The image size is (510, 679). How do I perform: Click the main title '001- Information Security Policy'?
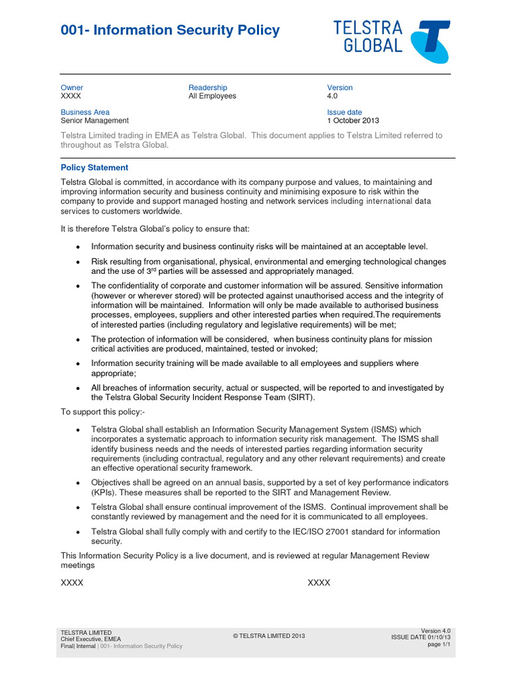[170, 31]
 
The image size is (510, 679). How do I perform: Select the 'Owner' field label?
[72, 88]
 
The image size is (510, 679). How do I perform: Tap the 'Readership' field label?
[208, 88]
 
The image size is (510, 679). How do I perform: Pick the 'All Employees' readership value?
[212, 96]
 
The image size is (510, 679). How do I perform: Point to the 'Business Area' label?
[85, 112]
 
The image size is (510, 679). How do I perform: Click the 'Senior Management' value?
[94, 121]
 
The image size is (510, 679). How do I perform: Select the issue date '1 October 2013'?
[353, 121]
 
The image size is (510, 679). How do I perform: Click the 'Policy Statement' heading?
[94, 168]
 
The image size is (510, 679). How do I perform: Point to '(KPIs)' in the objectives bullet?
[106, 492]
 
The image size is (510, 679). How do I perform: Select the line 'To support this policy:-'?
[102, 412]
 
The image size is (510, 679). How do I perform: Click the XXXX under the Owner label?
[71, 96]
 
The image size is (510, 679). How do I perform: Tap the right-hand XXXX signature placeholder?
[319, 583]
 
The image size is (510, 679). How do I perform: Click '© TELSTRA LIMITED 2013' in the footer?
[268, 636]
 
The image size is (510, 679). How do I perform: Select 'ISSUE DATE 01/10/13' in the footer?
[420, 637]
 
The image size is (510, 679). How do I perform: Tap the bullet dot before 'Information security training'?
[78, 364]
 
